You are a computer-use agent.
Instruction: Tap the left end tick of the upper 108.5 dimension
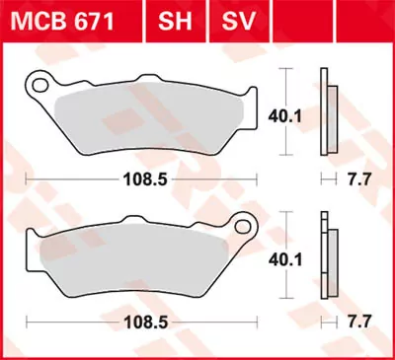point(26,181)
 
